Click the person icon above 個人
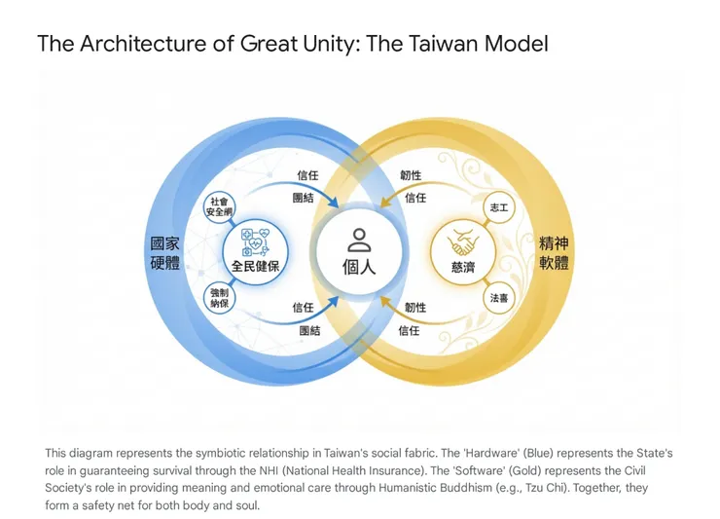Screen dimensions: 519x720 coord(359,241)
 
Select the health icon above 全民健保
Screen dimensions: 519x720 coord(255,241)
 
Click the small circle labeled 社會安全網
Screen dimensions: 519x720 coord(218,206)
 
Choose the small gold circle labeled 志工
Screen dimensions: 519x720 coord(498,207)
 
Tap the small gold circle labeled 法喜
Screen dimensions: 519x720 coord(498,297)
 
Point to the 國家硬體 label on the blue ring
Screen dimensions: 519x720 coord(164,252)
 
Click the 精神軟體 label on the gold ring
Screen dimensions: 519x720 coord(554,252)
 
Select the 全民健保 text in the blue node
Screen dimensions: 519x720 coord(255,267)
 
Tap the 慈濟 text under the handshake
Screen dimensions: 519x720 coord(463,267)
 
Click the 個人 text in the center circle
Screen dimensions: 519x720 coord(359,266)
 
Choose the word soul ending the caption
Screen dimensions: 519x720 coord(246,506)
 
